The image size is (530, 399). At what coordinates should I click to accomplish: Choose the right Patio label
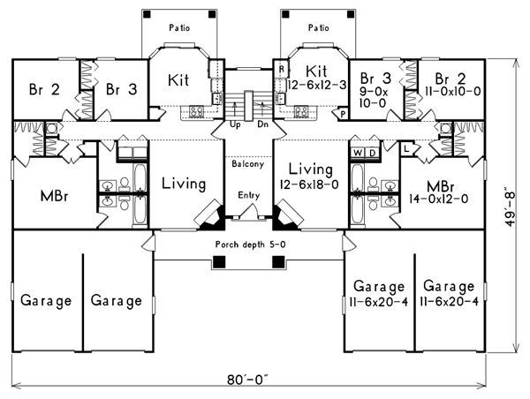(317, 27)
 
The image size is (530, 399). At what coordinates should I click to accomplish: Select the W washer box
(358, 152)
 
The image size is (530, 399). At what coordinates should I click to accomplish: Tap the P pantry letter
(342, 114)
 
